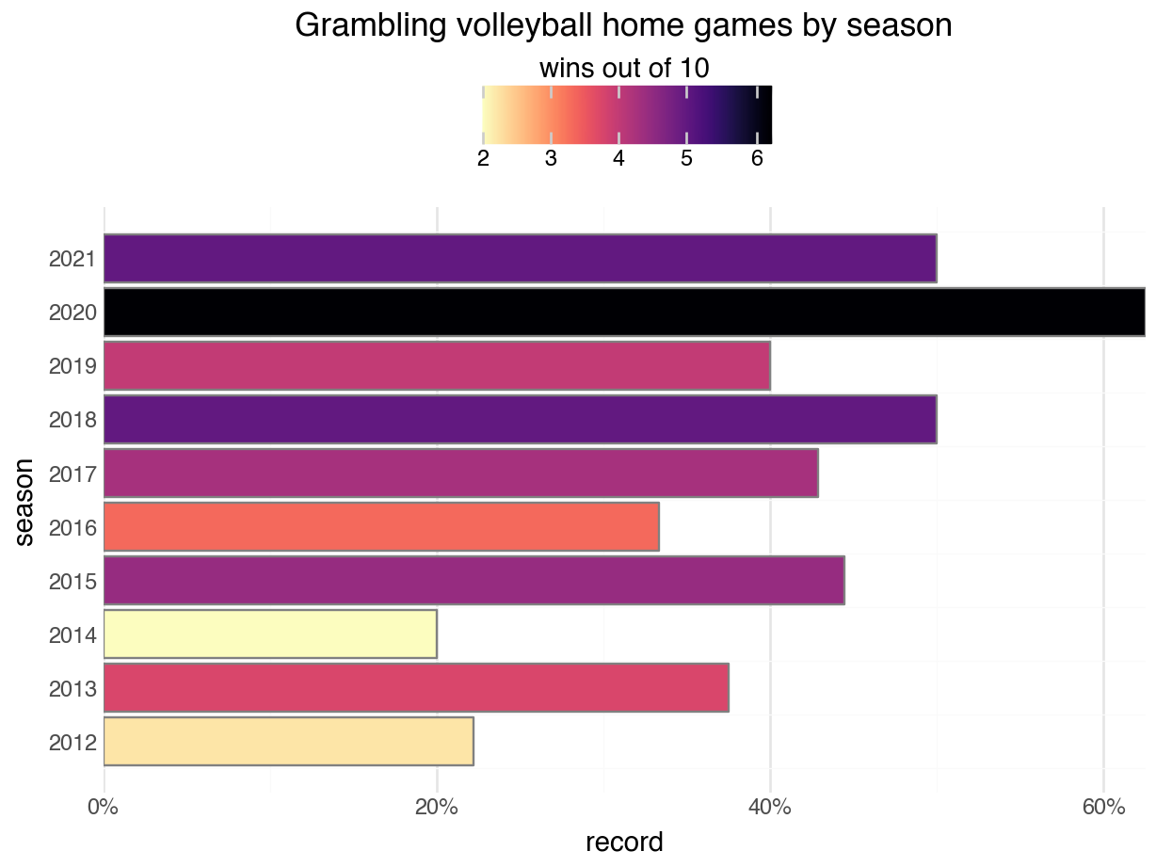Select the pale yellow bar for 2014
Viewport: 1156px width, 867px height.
(x=269, y=634)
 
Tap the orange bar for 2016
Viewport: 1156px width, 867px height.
(x=380, y=527)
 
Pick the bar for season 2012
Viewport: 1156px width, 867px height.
(x=288, y=742)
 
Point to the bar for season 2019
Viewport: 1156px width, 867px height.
(x=437, y=365)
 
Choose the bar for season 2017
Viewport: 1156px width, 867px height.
(x=460, y=474)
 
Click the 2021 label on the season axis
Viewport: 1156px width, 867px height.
(x=72, y=258)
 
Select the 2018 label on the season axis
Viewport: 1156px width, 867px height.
(x=72, y=420)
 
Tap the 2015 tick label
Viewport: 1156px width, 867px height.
(x=72, y=581)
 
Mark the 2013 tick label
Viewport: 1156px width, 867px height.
(x=72, y=689)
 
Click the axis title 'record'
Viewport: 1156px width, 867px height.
(x=624, y=841)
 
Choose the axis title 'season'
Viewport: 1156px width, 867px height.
(x=25, y=501)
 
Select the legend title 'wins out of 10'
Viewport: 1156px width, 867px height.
(x=623, y=69)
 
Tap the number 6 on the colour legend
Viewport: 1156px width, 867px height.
(x=757, y=158)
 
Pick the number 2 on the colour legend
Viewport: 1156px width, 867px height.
(x=483, y=158)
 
